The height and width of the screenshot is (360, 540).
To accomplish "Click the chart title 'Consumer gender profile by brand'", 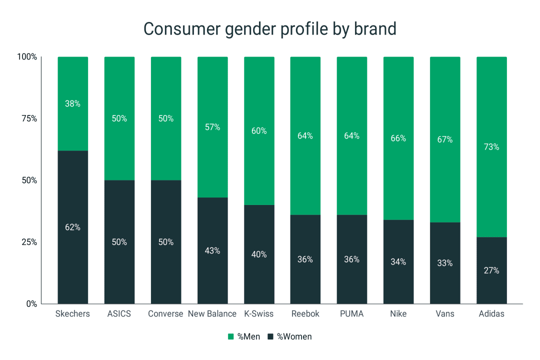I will tap(270, 28).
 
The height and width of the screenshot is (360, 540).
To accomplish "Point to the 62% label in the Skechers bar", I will tap(72, 227).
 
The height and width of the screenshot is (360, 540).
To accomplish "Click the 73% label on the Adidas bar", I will tap(491, 147).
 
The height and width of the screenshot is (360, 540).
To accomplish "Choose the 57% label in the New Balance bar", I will tap(212, 127).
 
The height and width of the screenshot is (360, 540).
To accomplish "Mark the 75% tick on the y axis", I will tap(28, 118).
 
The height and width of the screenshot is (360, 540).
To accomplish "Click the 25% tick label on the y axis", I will tap(28, 242).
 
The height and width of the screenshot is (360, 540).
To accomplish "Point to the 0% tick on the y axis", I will tap(30, 303).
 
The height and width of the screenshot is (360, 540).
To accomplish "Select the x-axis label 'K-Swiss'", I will tap(259, 314).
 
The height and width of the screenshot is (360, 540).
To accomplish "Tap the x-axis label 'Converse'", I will tap(165, 314).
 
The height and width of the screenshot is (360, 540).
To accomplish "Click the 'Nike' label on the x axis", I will tap(398, 314).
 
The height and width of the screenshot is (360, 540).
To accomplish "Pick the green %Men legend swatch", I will tap(231, 336).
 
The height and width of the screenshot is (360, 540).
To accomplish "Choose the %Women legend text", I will tap(294, 336).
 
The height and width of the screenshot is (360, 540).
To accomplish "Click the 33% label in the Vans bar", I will tap(445, 263).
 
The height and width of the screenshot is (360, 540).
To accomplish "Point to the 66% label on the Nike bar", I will tap(398, 138).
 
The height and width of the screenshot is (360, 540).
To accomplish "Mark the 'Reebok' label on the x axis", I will tap(305, 314).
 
